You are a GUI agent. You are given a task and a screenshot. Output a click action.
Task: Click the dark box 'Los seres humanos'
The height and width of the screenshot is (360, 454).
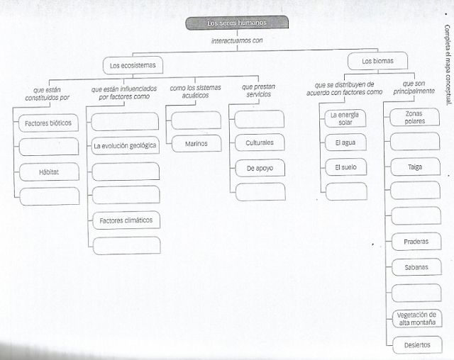click(237, 23)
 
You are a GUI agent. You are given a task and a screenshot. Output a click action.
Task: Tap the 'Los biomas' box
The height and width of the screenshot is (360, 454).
click(377, 61)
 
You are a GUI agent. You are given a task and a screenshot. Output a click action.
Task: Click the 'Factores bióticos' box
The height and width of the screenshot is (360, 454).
click(48, 123)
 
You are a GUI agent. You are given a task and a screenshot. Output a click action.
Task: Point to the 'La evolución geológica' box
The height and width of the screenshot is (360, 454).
click(126, 146)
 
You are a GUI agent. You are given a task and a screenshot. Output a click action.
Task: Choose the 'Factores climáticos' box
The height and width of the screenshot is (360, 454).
click(126, 220)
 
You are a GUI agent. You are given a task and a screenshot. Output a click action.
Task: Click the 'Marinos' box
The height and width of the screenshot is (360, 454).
click(196, 143)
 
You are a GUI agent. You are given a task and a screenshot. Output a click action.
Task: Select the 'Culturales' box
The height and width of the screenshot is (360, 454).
click(260, 143)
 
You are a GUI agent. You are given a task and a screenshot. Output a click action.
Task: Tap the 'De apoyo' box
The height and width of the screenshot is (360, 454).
click(260, 168)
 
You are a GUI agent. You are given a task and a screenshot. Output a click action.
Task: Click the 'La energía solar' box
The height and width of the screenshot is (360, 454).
click(345, 118)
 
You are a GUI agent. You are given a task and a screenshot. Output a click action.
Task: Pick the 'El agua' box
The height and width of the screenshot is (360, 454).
click(345, 143)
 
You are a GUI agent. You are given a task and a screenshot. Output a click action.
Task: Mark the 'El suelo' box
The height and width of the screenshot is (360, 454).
click(345, 168)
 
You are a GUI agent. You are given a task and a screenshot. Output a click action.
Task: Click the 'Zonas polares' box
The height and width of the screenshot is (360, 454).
click(415, 117)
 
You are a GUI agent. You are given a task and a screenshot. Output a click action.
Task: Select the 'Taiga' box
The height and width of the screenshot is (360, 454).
click(415, 167)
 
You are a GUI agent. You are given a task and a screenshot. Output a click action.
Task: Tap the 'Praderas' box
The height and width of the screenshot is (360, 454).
click(415, 241)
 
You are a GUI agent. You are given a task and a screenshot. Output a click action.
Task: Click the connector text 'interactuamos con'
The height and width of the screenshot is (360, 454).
click(237, 40)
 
